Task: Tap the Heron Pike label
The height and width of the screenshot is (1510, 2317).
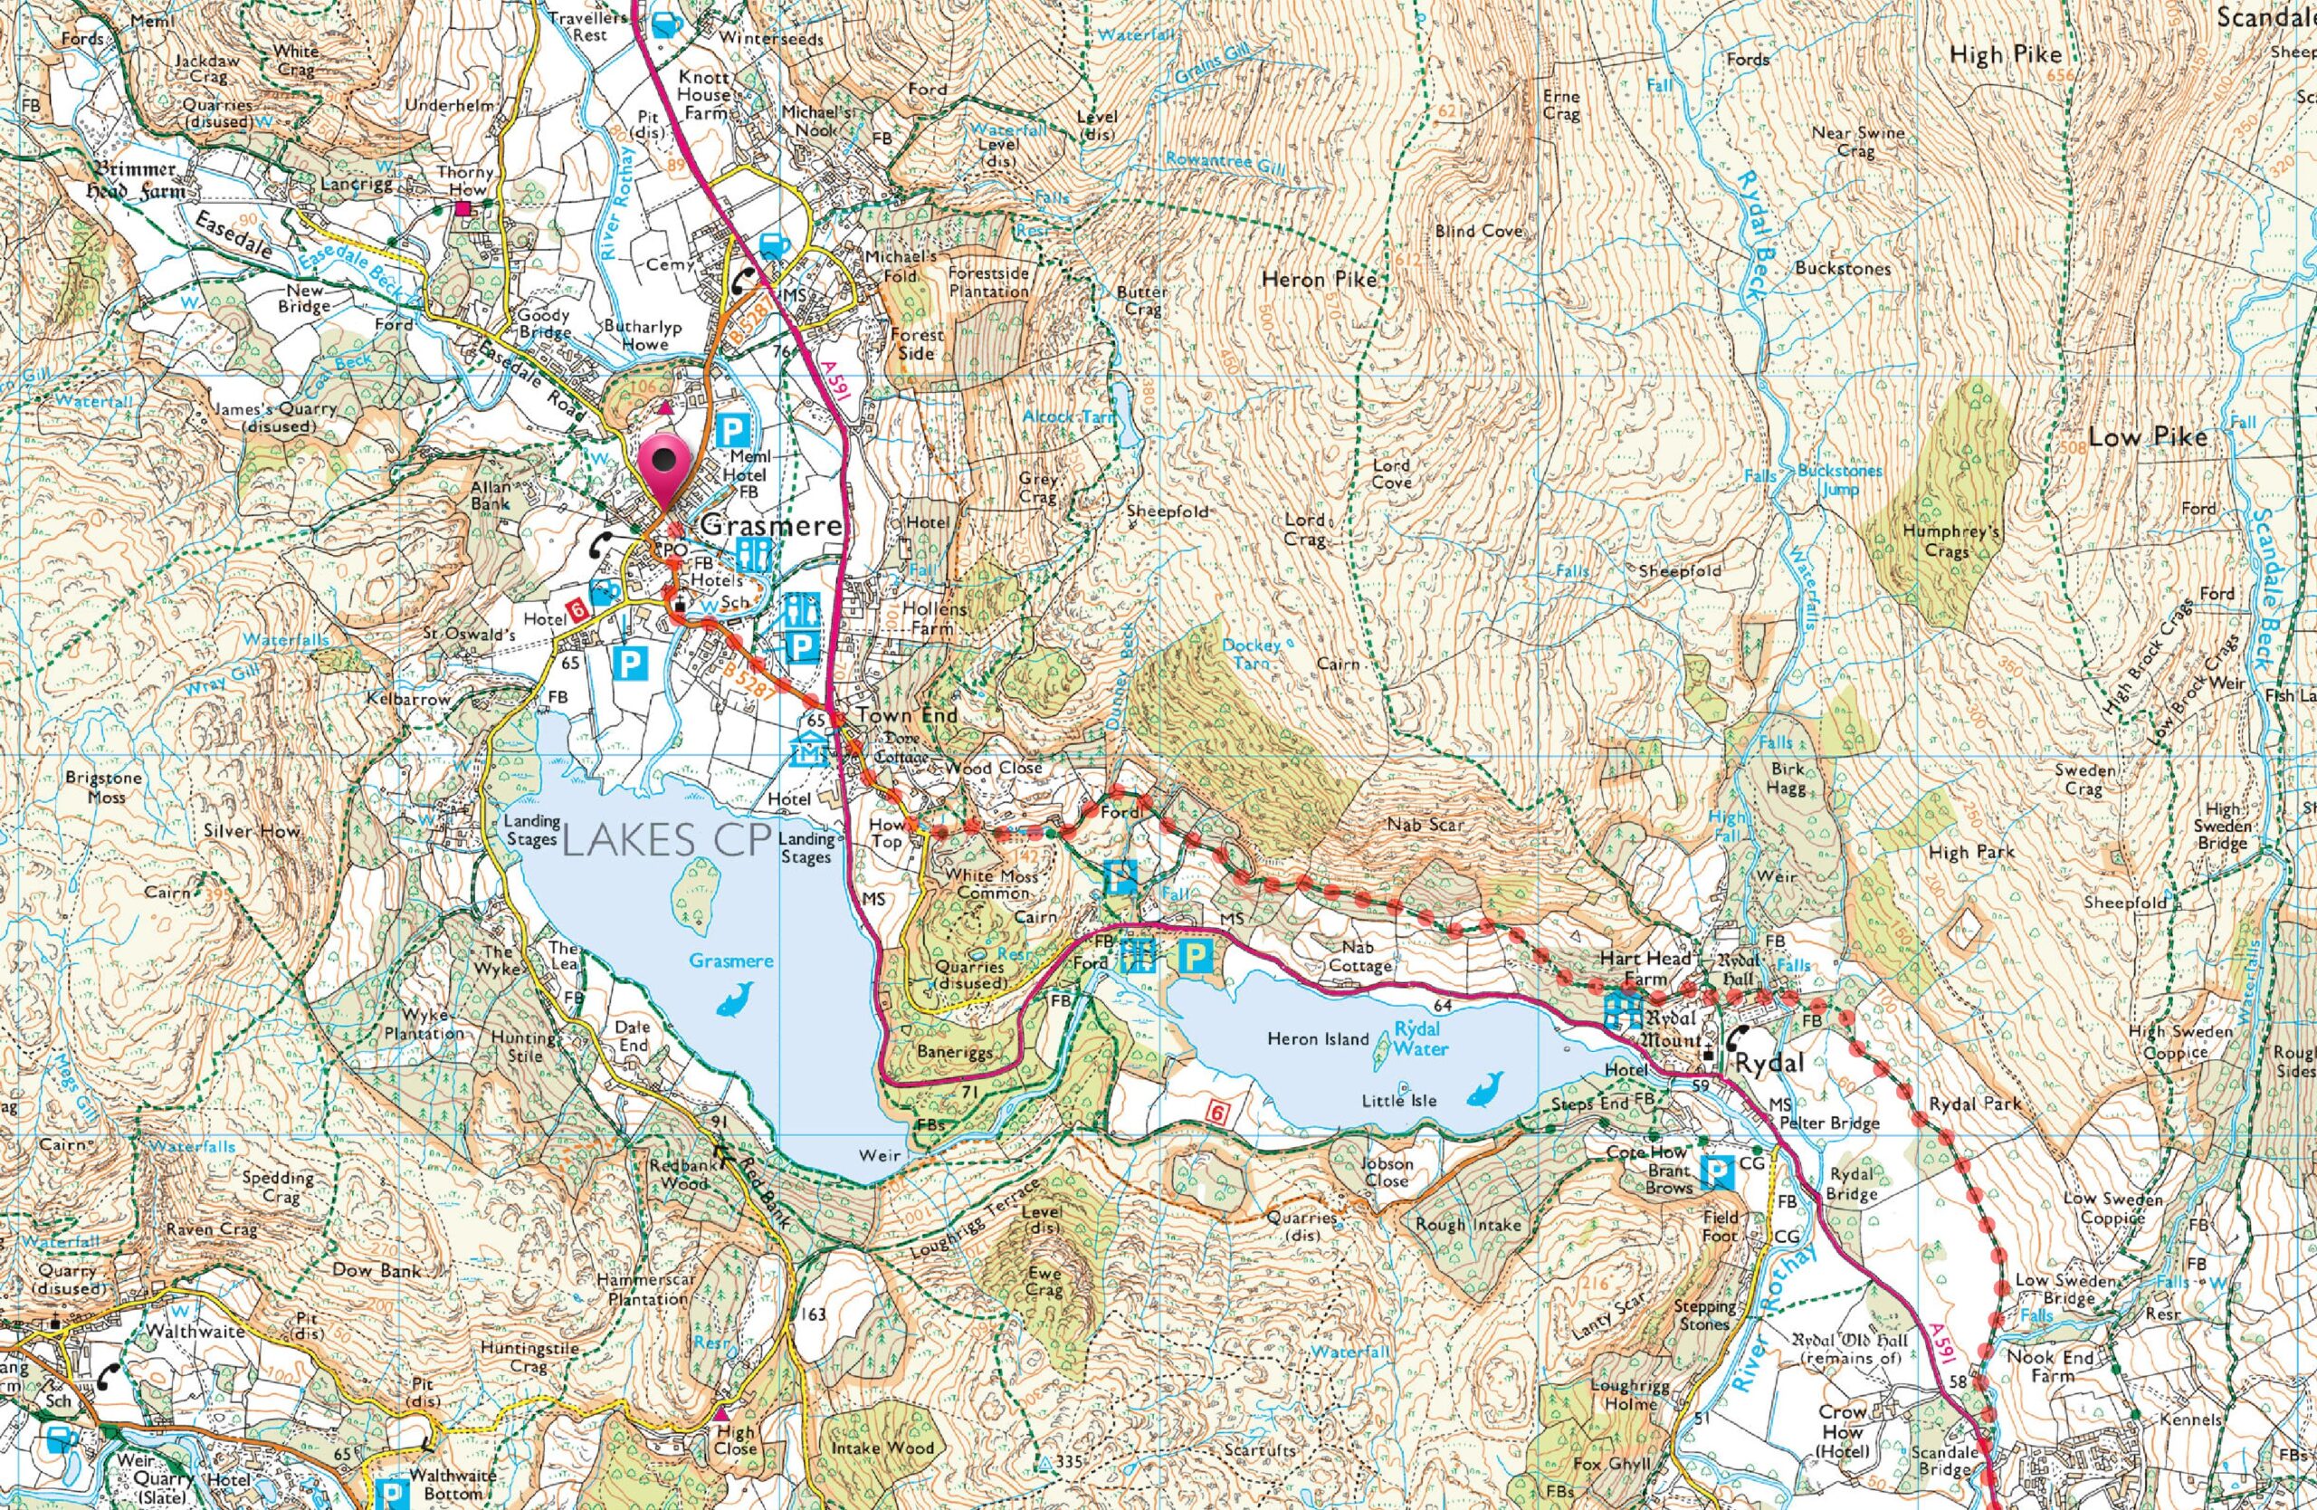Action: click(1318, 281)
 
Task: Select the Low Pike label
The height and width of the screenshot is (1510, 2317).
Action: click(2148, 437)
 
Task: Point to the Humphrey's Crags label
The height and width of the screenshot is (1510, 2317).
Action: click(1944, 541)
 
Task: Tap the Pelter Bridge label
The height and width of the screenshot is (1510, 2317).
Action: click(1829, 1123)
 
